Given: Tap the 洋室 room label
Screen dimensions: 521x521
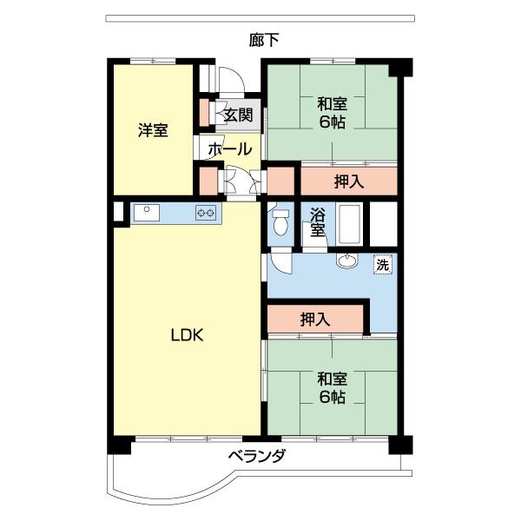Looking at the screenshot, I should pos(153,130).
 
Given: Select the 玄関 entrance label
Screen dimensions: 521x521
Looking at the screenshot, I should pos(238,115).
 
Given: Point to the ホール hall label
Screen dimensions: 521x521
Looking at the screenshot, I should pos(230,148).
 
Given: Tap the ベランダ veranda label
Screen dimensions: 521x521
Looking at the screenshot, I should pos(257,458).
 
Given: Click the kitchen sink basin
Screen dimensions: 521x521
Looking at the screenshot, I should pos(146,211).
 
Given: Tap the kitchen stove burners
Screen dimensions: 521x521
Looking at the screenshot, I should pos(207,212).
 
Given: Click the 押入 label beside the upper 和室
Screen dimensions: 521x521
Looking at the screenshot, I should pos(348,182).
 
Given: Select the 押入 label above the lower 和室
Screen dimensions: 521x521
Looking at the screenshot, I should pos(314,319).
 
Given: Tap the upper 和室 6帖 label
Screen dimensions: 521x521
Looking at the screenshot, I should pos(332,113).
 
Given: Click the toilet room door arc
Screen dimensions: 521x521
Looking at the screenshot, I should pos(280,260).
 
